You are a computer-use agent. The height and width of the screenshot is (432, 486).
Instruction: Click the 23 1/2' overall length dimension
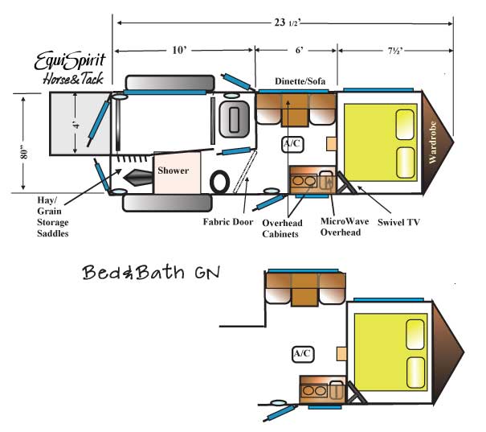[288, 23]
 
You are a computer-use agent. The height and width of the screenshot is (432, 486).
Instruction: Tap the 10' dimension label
[180, 50]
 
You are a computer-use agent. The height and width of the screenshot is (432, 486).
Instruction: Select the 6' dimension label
[299, 50]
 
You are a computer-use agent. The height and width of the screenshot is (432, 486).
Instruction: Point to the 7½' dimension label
[395, 51]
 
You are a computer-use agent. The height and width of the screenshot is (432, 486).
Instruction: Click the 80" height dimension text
[24, 154]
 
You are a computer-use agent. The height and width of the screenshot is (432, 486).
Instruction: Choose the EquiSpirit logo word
[70, 61]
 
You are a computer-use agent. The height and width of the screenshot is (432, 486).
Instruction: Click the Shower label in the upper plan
[173, 171]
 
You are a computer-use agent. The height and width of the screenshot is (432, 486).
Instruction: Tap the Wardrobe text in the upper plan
[433, 142]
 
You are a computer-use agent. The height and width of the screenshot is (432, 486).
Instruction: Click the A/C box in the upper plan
[292, 144]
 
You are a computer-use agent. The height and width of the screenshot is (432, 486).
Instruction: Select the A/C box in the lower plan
[303, 354]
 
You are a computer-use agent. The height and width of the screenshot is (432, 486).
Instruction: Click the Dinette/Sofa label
[300, 81]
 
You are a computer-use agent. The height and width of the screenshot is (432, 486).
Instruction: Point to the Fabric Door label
[228, 222]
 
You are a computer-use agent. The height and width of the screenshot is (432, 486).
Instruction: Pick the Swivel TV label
[398, 222]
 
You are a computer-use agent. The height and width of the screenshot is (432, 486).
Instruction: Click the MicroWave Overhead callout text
[345, 227]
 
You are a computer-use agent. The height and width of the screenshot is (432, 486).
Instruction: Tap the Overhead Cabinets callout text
[282, 228]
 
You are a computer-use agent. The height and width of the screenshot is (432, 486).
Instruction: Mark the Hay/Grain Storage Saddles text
[53, 216]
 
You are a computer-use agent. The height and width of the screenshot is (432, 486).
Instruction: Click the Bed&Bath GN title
[151, 272]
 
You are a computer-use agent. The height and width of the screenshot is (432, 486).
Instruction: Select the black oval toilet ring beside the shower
[220, 182]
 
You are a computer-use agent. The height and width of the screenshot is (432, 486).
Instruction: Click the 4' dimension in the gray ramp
[76, 125]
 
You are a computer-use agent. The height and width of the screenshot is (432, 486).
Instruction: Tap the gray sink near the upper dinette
[234, 119]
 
